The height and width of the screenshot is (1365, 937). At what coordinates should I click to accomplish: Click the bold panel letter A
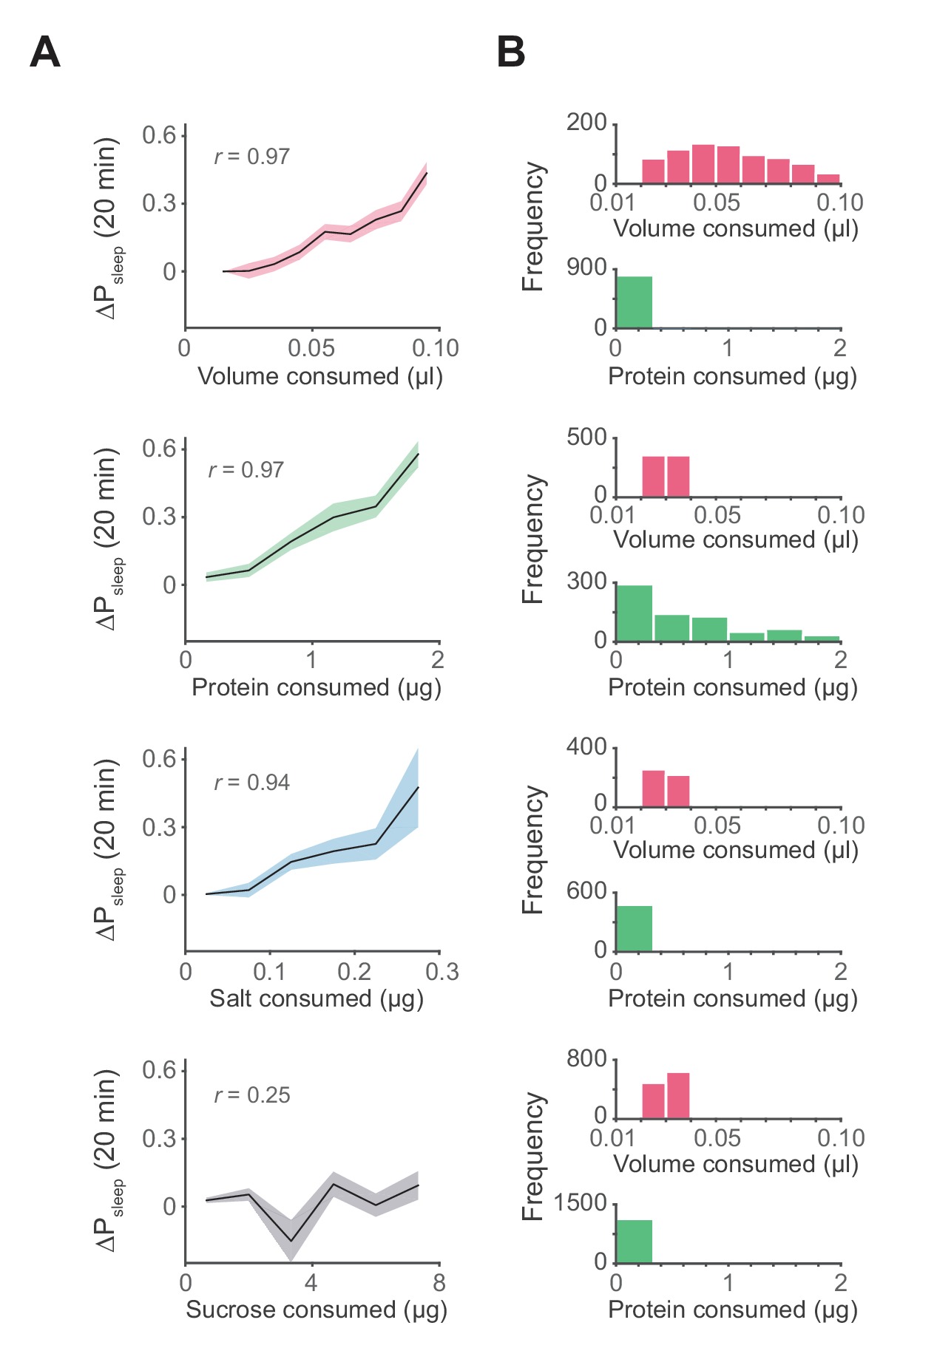[45, 52]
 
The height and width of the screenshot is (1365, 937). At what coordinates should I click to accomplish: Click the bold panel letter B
[511, 52]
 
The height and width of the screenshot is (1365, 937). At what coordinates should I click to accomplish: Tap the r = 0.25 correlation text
[252, 1095]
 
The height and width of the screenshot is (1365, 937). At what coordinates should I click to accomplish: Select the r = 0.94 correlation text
[252, 783]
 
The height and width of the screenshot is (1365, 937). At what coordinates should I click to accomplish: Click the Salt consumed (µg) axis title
[317, 998]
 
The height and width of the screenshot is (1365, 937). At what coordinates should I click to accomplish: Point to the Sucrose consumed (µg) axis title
[317, 1310]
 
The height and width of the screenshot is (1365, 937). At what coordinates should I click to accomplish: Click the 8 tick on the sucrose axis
[439, 1283]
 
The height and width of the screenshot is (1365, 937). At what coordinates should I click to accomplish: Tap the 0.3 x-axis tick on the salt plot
[442, 972]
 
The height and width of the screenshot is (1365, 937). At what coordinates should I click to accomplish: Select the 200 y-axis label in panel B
[586, 122]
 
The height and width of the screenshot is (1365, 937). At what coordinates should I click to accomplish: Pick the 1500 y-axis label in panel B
[581, 1203]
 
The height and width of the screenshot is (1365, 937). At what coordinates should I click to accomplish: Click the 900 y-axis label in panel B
[586, 268]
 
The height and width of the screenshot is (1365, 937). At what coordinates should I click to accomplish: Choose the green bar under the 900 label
[634, 302]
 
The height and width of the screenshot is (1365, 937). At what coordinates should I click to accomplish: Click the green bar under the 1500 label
[634, 1242]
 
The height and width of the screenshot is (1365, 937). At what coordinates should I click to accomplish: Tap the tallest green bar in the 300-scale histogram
[634, 613]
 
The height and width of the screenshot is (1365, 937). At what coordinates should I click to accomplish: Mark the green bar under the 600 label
[634, 928]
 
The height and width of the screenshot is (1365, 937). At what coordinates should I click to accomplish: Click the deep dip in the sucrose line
[291, 1241]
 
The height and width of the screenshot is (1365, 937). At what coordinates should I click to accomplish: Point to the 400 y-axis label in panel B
[586, 747]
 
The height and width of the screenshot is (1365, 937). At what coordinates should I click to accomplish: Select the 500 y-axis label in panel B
[586, 437]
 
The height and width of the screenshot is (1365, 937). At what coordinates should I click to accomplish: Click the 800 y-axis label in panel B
[586, 1059]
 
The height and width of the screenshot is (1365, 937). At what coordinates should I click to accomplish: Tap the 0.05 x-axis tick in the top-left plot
[311, 348]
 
